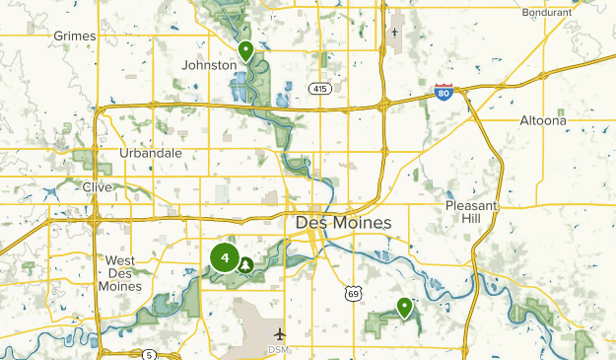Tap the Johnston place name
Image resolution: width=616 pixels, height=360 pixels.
click(209, 65)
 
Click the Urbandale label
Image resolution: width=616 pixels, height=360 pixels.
click(150, 153)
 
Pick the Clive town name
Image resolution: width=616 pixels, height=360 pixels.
click(98, 186)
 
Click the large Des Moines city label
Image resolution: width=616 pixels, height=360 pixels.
click(343, 224)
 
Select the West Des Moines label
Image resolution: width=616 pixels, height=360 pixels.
click(120, 273)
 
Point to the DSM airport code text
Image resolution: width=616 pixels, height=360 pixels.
click(279, 349)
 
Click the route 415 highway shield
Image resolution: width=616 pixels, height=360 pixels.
click(318, 89)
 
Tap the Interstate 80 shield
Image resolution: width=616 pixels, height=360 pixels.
click(445, 92)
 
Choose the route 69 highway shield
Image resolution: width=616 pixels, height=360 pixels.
click(353, 293)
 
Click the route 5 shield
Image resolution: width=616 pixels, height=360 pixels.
click(148, 354)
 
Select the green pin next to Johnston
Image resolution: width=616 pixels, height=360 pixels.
click(245, 50)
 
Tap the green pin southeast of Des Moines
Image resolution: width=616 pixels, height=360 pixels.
click(404, 308)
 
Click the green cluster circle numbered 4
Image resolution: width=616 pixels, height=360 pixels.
click(225, 258)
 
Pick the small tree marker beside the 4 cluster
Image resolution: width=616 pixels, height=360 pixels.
click(245, 263)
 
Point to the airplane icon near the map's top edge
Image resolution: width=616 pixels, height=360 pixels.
click(395, 33)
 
